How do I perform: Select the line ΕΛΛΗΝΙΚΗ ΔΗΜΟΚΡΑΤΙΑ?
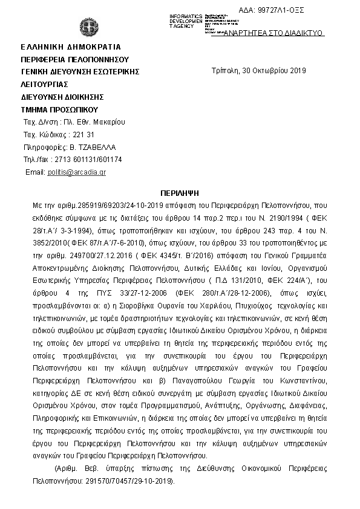71,47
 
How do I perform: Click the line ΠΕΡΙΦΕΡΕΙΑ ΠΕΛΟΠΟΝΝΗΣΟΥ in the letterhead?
75,59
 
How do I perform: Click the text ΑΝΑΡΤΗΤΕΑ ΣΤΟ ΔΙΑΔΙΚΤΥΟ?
273,33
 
